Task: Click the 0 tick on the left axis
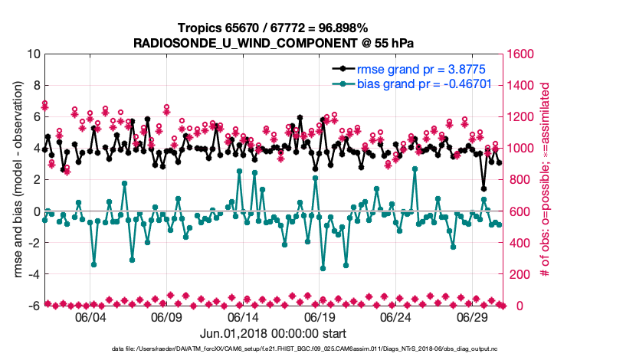tap(34, 211)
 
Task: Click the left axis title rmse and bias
tap(13, 180)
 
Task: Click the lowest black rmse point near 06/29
tap(484, 188)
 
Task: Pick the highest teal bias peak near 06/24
tap(415, 169)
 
